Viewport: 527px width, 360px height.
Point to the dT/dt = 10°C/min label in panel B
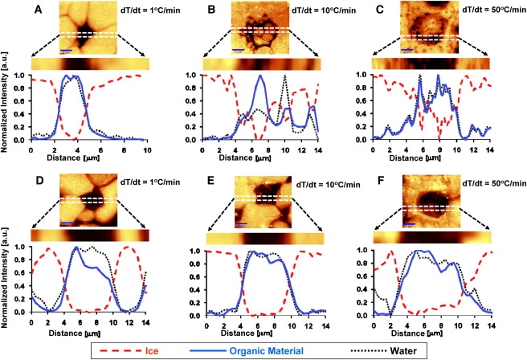(326, 11)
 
